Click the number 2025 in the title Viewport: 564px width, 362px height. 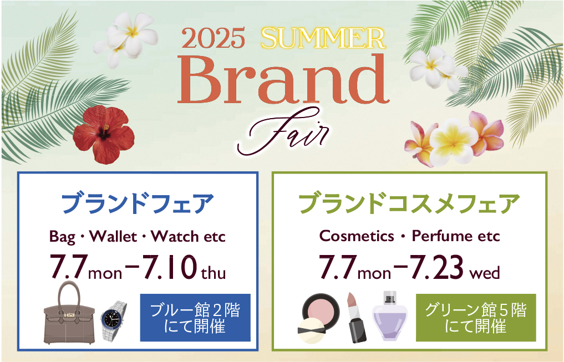[214, 38]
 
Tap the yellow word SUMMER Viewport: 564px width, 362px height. [323, 38]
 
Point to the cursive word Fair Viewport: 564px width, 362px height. [283, 132]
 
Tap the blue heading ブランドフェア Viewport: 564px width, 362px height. [138, 204]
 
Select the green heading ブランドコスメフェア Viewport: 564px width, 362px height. [409, 204]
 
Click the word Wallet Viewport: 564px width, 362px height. [113, 237]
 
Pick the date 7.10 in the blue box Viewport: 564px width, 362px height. [170, 267]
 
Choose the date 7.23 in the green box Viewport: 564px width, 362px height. [437, 267]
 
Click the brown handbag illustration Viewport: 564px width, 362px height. [69, 313]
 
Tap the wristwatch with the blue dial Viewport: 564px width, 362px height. [114, 320]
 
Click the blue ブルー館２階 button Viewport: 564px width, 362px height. [195, 318]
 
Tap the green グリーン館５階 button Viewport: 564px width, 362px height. [476, 318]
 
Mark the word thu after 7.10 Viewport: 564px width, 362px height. [214, 273]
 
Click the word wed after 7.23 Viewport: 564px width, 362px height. [485, 273]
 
